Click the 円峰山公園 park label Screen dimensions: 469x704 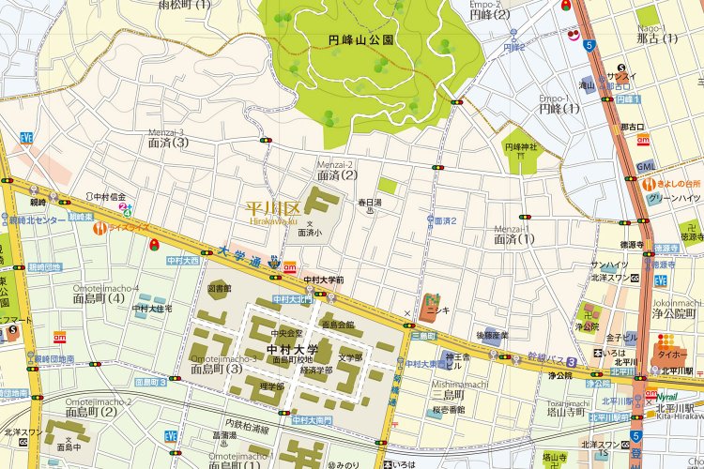tap(360, 41)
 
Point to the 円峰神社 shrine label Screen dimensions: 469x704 tap(521, 147)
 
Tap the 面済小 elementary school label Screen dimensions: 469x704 tap(310, 232)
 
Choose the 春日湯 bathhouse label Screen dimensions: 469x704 tap(369, 202)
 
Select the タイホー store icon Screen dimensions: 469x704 tap(669, 356)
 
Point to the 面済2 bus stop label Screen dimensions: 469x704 tap(445, 220)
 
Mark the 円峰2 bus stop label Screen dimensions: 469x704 tap(513, 47)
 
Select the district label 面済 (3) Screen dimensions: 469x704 tap(168, 143)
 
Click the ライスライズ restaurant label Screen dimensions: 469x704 tap(128, 227)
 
